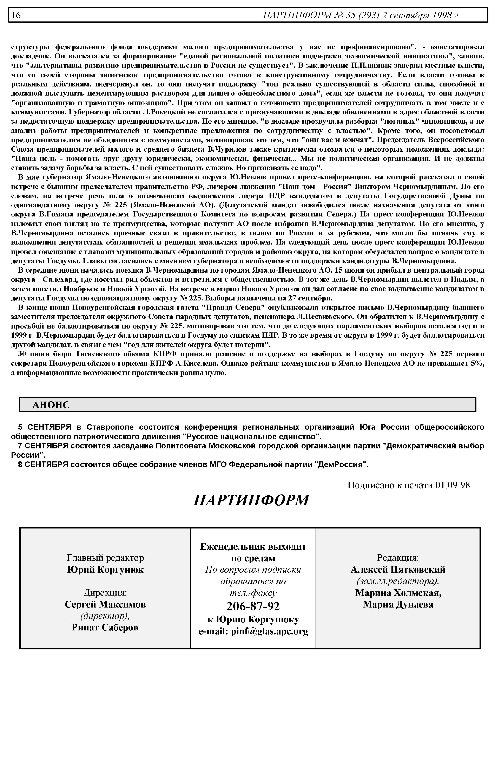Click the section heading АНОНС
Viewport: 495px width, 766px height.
click(x=51, y=405)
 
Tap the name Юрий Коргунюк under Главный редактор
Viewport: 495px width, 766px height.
click(x=105, y=570)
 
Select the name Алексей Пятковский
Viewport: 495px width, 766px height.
click(x=398, y=570)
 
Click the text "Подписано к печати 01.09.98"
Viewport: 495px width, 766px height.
click(x=409, y=485)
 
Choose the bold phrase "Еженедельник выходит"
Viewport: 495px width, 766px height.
click(x=253, y=547)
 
